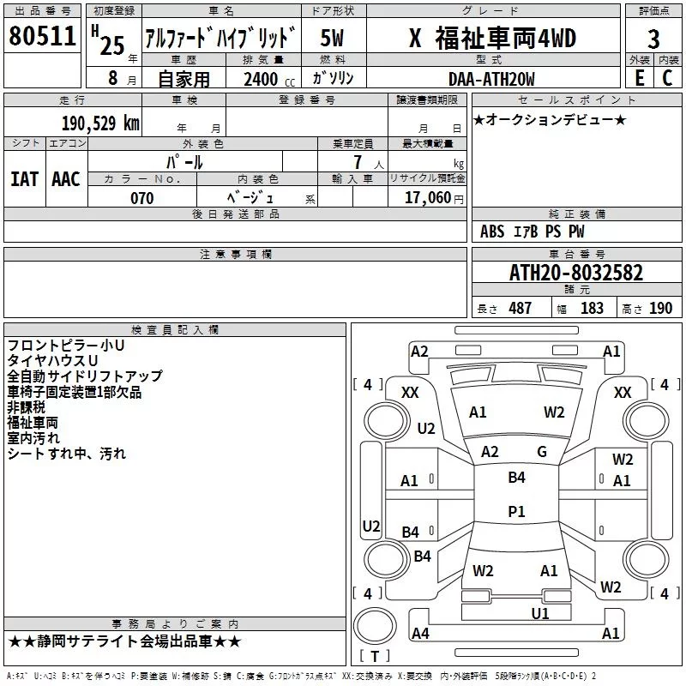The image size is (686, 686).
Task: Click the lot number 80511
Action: pos(43,36)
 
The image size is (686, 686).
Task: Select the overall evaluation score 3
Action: pos(653,39)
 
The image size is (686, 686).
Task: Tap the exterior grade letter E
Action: pos(639,78)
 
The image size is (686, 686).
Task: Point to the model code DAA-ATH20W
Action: pos(491,79)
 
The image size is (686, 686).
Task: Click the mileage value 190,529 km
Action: pos(100,123)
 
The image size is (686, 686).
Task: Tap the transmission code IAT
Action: pos(24,178)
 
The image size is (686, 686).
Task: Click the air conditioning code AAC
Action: pos(65,178)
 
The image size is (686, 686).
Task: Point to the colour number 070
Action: pos(141,198)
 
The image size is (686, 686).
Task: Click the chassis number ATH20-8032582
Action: pos(575,273)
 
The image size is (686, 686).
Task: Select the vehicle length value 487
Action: pos(520,308)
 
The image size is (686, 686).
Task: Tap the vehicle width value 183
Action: pos(592,308)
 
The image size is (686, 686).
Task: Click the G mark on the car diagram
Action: pos(542,452)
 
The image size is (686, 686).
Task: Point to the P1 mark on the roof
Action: pos(516,511)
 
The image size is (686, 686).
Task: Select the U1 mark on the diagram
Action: pos(540,613)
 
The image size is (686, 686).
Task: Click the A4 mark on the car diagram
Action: pos(420,634)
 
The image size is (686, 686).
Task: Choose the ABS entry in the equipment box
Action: pos(492,232)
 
